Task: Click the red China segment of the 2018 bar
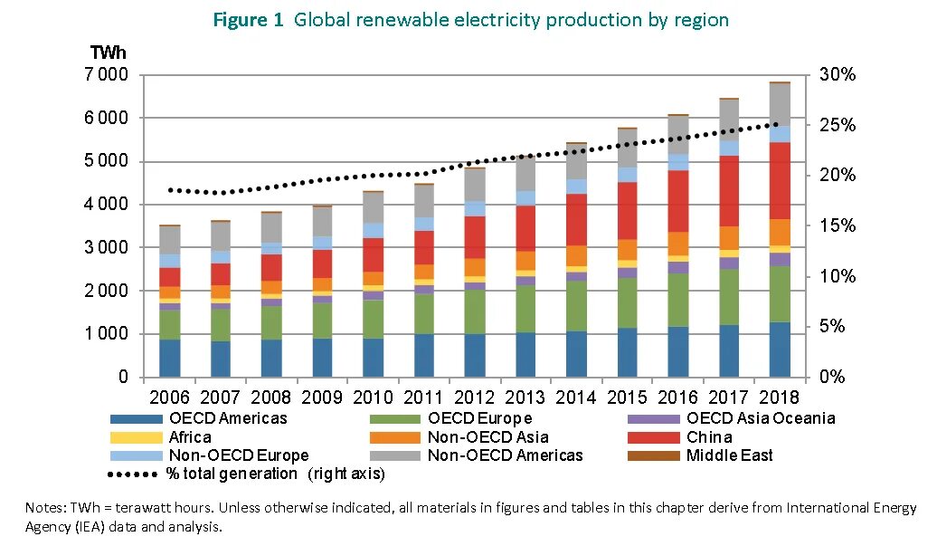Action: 780,180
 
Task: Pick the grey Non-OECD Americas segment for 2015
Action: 627,148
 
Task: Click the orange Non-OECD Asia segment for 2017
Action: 729,238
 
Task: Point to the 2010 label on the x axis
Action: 372,398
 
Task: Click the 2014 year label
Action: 576,398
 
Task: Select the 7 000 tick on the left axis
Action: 107,74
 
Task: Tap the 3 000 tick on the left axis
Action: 107,247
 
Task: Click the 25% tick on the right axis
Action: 838,125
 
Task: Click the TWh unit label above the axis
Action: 108,54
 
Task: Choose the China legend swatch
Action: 653,437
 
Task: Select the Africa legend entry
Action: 190,437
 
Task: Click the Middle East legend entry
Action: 729,455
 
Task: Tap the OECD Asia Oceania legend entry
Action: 760,418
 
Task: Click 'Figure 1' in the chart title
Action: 248,20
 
